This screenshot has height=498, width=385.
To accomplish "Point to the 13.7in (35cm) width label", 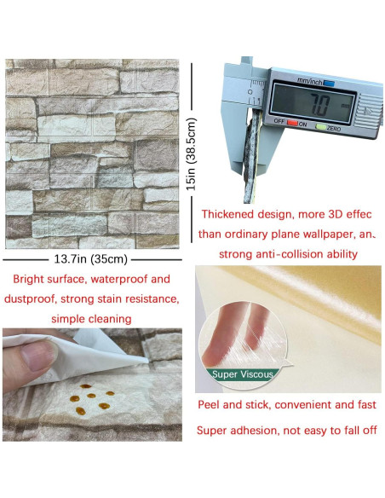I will [x=91, y=259].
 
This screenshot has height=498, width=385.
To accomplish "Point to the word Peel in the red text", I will [x=211, y=405].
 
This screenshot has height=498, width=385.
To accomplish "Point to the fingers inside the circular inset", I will [x=233, y=337].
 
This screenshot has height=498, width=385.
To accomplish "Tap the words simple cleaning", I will [x=91, y=319].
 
